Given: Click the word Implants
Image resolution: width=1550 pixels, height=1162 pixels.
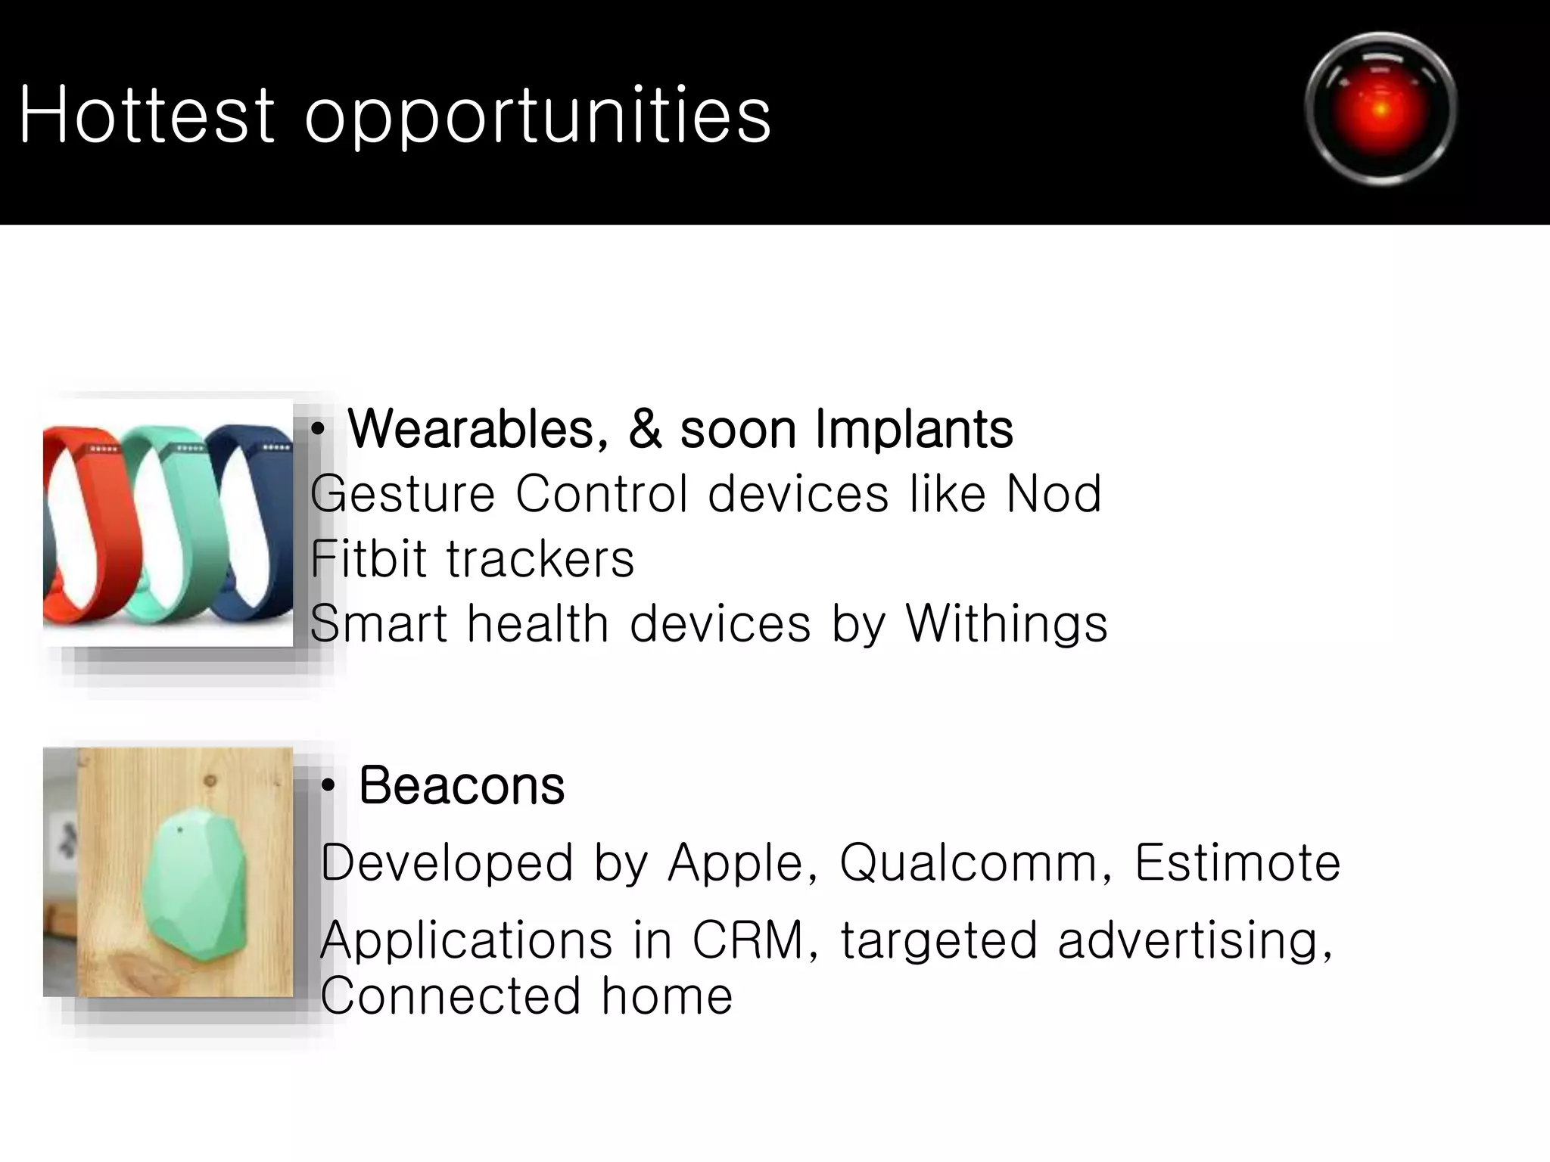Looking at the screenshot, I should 914,429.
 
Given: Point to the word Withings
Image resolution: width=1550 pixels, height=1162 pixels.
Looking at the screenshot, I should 1007,624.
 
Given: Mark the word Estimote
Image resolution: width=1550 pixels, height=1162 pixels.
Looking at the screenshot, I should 1237,862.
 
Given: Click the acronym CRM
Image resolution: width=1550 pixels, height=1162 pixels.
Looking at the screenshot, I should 749,940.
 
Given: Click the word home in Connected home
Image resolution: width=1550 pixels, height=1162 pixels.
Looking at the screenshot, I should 667,996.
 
